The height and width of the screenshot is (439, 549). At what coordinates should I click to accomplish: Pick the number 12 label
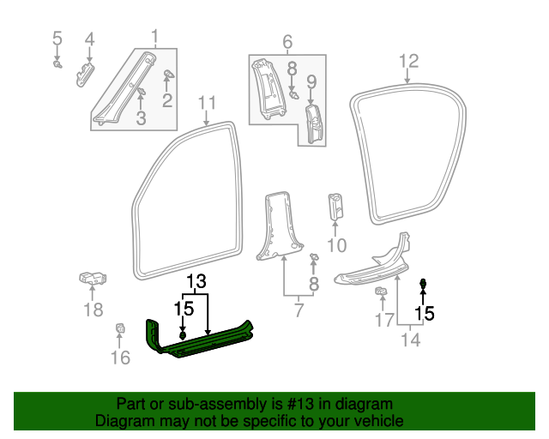409,61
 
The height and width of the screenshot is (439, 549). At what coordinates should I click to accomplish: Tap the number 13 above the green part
196,281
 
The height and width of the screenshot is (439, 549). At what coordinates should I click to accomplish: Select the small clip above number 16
121,328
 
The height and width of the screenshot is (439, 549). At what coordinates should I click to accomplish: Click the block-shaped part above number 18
93,280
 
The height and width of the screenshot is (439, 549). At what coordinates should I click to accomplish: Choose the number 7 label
299,310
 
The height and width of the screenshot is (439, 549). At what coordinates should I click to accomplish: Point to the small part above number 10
336,208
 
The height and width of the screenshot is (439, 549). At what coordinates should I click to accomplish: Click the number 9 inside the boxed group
311,82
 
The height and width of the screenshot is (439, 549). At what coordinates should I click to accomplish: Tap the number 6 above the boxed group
287,41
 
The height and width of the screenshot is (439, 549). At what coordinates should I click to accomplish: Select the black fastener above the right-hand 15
424,284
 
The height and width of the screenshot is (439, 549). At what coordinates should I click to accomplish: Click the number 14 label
412,340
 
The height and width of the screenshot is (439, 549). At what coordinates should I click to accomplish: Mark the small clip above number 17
381,295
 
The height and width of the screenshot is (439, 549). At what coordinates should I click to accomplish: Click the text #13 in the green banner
314,404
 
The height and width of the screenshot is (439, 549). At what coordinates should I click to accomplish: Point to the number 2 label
167,101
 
